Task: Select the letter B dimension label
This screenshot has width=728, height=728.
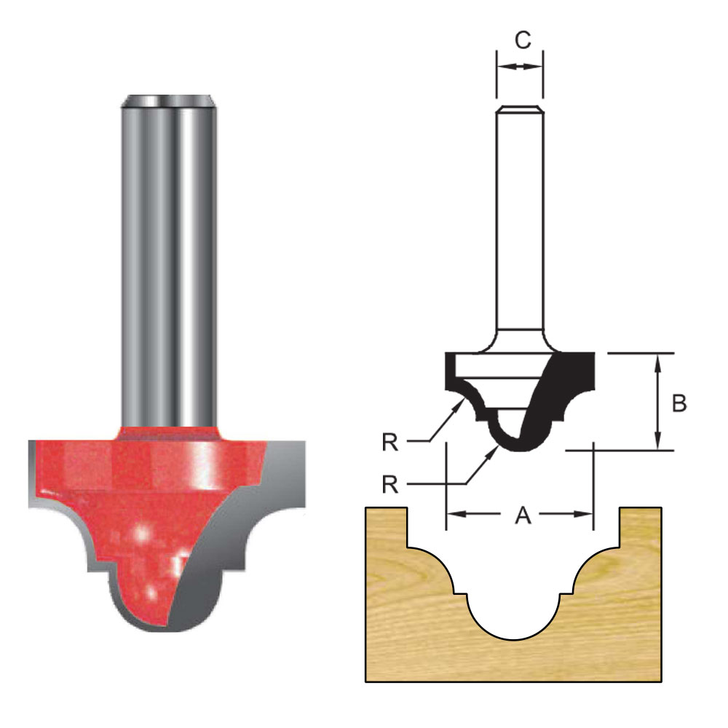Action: point(678,403)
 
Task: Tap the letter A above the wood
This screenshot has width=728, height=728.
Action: point(522,515)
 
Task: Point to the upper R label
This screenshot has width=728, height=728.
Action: point(390,442)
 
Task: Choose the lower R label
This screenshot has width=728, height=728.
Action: point(390,483)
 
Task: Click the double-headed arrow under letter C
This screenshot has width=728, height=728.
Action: point(519,66)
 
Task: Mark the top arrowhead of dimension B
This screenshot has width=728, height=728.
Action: point(658,360)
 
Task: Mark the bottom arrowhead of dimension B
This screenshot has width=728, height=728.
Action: point(658,443)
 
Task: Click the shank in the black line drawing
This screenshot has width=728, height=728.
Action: point(519,218)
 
